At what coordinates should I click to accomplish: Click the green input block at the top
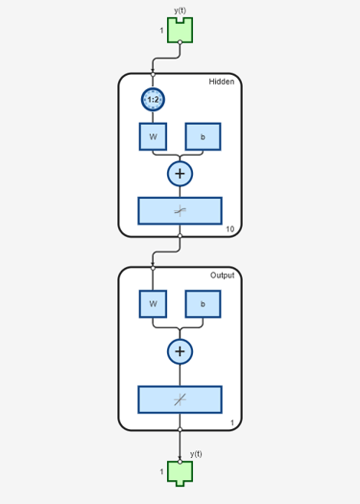tap(180, 30)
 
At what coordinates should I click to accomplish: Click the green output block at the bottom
tap(180, 471)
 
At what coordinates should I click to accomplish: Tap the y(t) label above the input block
tap(180, 10)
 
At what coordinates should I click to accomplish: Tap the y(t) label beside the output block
tap(196, 453)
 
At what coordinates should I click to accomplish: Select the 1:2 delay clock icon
tap(153, 99)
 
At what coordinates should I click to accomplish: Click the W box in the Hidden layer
tap(153, 136)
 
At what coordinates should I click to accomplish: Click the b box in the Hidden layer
tap(203, 136)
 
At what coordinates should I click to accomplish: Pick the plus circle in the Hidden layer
tap(180, 173)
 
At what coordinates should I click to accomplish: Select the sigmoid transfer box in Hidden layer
tap(180, 209)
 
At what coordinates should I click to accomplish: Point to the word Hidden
tap(222, 82)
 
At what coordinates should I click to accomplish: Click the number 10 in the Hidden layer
tap(229, 228)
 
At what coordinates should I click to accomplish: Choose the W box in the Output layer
tap(153, 304)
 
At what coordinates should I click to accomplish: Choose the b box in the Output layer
tap(203, 304)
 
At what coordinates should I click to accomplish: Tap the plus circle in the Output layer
tap(180, 351)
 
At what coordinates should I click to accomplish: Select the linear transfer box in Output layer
tap(180, 398)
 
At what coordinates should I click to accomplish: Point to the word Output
tap(222, 276)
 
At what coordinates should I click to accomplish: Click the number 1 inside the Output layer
tap(232, 422)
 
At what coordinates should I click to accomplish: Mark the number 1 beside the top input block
tap(161, 32)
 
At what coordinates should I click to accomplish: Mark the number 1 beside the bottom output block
tap(161, 472)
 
